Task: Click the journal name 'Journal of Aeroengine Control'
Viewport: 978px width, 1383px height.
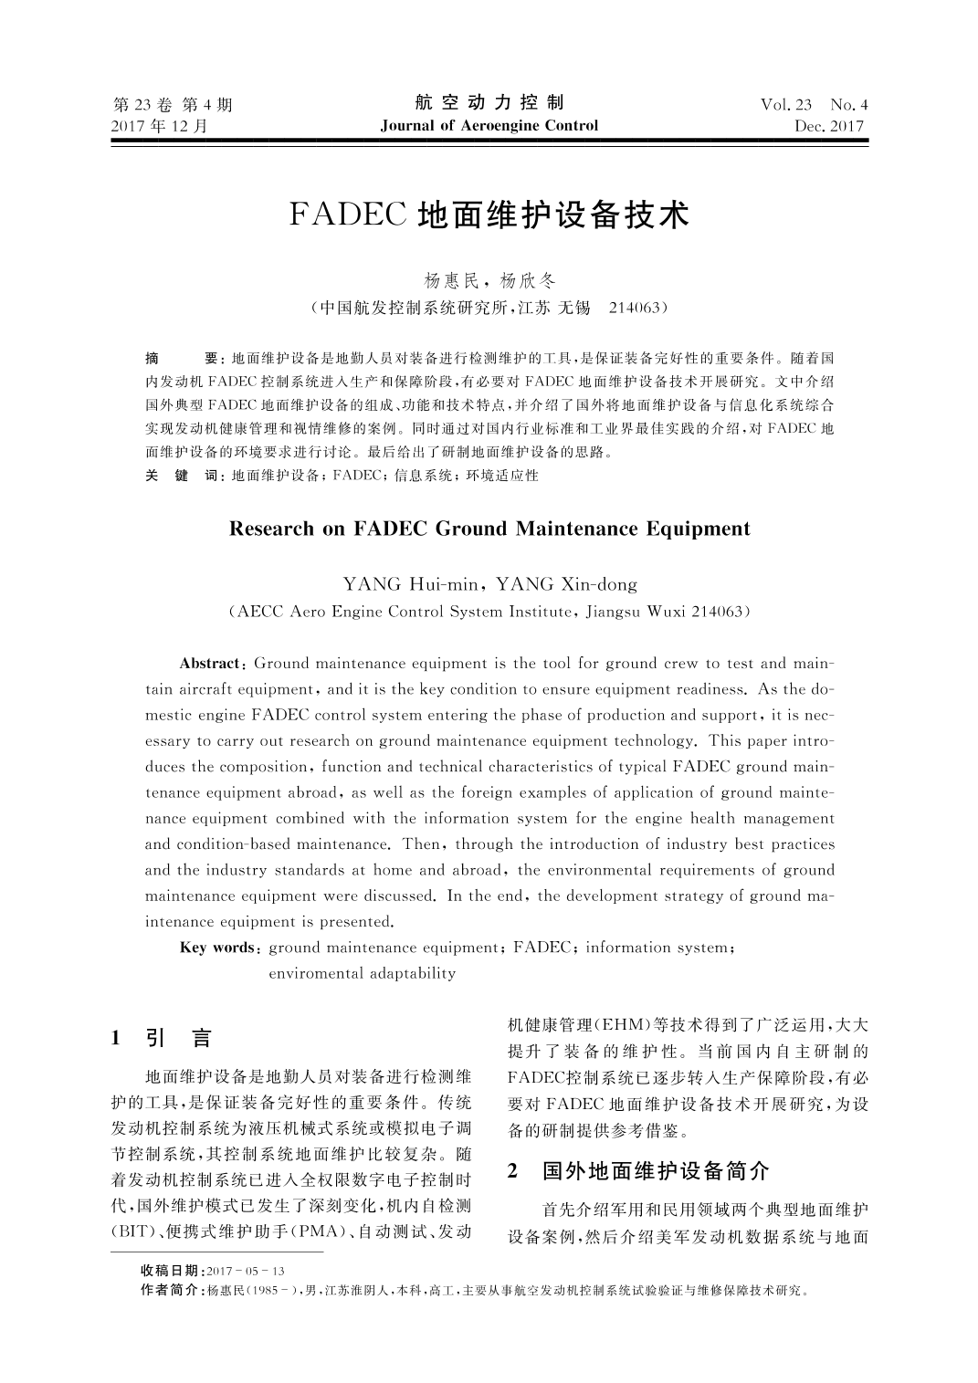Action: pyautogui.click(x=489, y=126)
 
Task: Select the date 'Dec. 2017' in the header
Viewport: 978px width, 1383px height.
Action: pyautogui.click(x=829, y=127)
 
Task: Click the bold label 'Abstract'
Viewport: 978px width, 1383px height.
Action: pyautogui.click(x=209, y=663)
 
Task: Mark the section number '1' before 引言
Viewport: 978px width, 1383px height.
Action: pyautogui.click(x=116, y=1037)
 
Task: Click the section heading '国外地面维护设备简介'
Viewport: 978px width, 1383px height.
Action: pyautogui.click(x=656, y=1171)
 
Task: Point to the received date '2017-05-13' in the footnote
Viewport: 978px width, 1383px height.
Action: pyautogui.click(x=247, y=1272)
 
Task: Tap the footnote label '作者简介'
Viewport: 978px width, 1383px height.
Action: pyautogui.click(x=172, y=1291)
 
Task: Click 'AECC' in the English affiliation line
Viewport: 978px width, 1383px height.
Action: pyautogui.click(x=258, y=611)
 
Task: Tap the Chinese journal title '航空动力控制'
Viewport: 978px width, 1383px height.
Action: pyautogui.click(x=489, y=102)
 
